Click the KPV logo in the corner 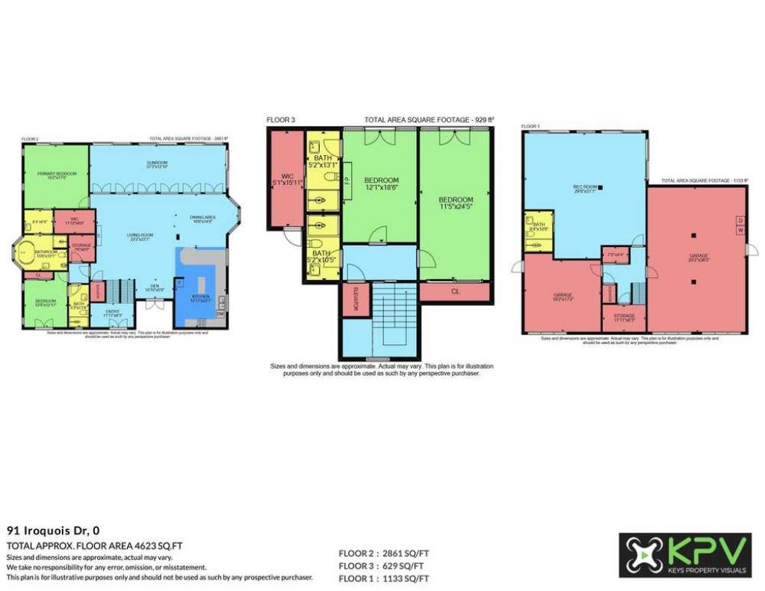(x=684, y=555)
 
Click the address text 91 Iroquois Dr (x=53, y=531)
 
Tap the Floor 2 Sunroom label (x=157, y=164)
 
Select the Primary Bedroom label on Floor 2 (x=52, y=175)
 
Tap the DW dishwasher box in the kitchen (x=220, y=315)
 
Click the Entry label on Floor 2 (x=113, y=313)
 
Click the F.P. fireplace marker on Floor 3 (x=347, y=179)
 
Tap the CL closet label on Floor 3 (x=455, y=292)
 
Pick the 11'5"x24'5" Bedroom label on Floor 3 (x=455, y=203)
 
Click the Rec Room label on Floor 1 (x=583, y=188)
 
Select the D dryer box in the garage (x=740, y=220)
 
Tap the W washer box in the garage (x=740, y=231)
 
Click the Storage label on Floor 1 (x=624, y=317)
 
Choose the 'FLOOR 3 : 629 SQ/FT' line (x=384, y=566)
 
